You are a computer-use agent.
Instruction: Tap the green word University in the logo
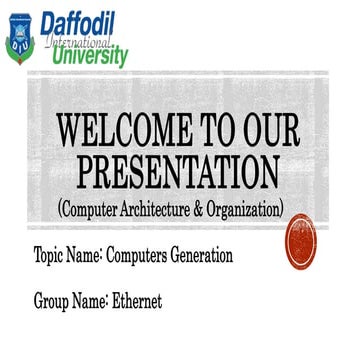tap(89, 55)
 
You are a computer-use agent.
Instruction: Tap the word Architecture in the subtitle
tap(159, 208)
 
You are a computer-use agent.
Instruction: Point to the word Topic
tap(50, 256)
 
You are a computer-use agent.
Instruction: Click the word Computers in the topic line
tap(145, 256)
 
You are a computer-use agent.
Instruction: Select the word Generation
tap(206, 256)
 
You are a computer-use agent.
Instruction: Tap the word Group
tap(52, 300)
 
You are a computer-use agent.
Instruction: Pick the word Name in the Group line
tap(93, 299)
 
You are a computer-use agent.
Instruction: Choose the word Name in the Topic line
tap(89, 256)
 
